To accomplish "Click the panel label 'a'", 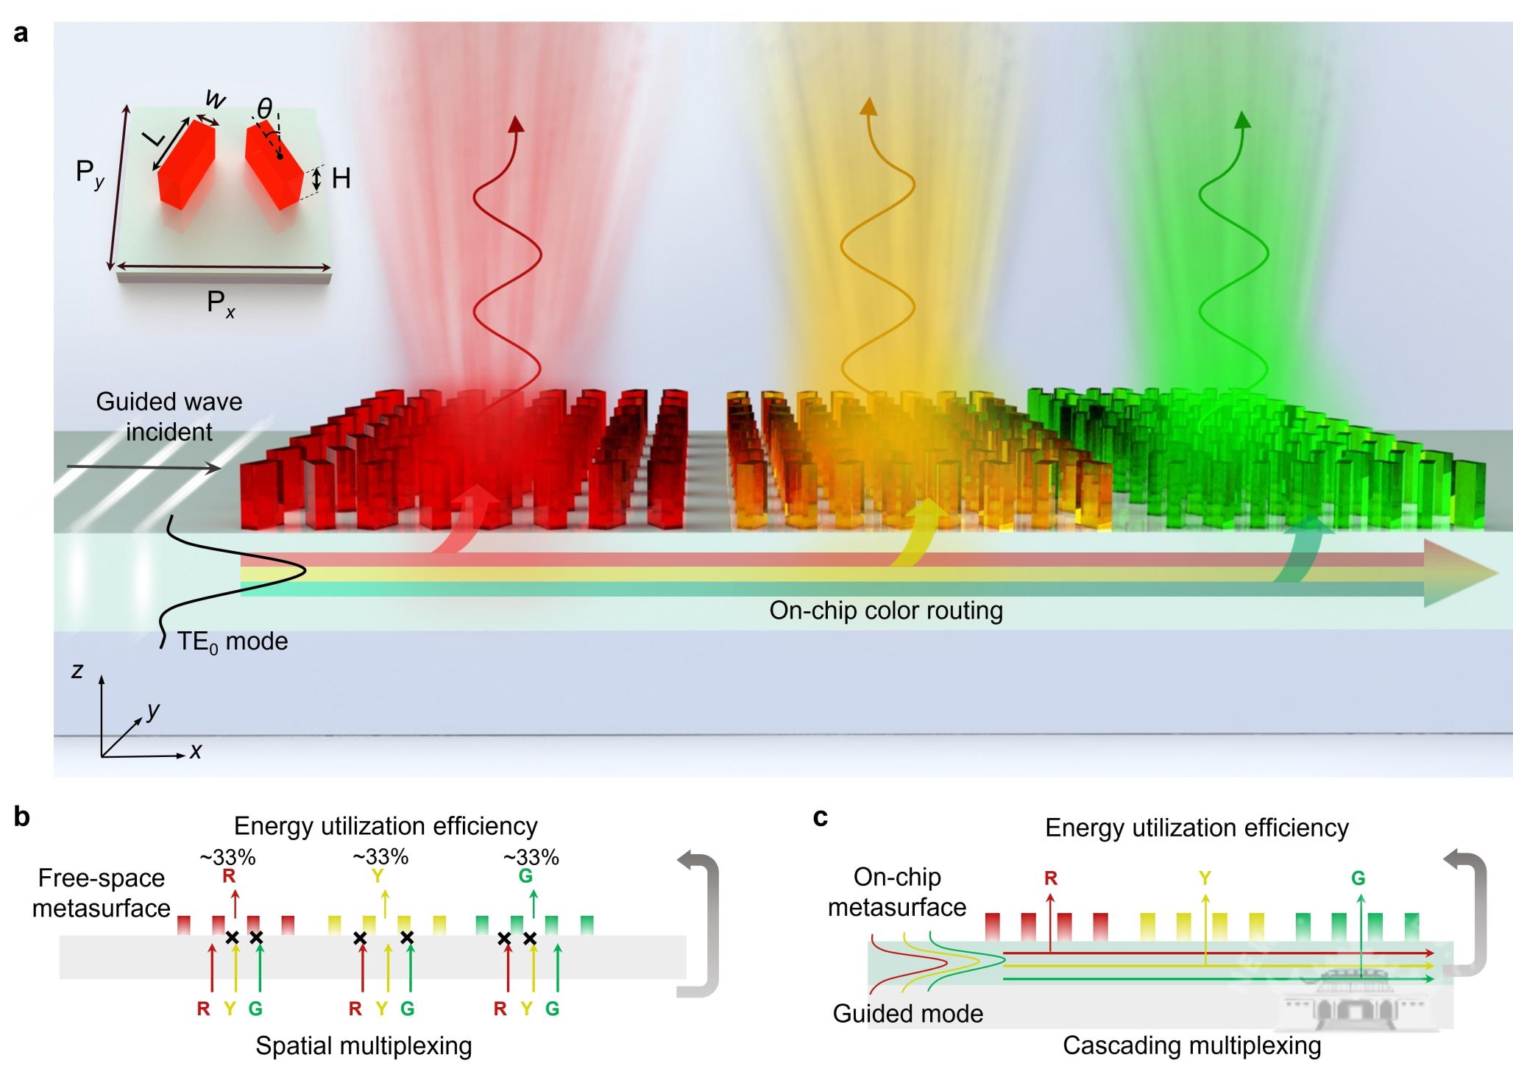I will coord(21,34).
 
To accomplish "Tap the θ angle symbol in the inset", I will coord(264,109).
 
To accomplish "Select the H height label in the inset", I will coord(341,178).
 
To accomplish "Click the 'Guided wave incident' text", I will coord(169,416).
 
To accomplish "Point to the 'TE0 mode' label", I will coord(232,641).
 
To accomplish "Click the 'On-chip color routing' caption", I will coord(886,611).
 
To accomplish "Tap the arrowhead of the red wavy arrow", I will coord(516,124).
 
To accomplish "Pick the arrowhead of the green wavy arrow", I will coord(1242,120).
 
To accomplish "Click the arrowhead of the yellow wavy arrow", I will coord(869,107).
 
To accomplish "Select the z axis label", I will coord(77,670).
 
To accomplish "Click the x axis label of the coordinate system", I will coord(195,751).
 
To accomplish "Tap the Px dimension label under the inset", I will coord(220,302).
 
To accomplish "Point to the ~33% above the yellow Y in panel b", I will coord(380,857).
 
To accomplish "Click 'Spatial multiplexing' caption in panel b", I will coord(364,1045).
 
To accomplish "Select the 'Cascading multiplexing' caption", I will coord(1191,1045).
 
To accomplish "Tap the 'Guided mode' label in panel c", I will coord(907,1014).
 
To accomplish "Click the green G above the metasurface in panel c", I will coord(1358,878).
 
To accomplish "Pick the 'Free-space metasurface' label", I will coord(102,893).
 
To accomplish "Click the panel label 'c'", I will coord(821,817).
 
